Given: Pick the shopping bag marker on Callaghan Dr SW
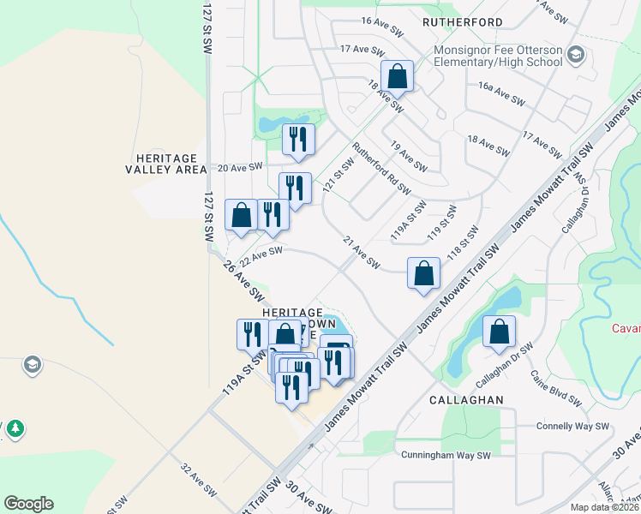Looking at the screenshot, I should point(499,332).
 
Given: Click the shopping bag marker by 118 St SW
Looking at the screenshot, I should point(424,274).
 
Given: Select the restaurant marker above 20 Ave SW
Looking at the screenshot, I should point(298,140).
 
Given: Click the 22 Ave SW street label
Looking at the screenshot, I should point(261,255).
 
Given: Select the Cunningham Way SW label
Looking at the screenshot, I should point(446,456).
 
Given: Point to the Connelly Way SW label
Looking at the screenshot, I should point(572,426).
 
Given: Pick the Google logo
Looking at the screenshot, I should point(28,504).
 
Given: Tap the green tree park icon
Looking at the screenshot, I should point(15,427).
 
